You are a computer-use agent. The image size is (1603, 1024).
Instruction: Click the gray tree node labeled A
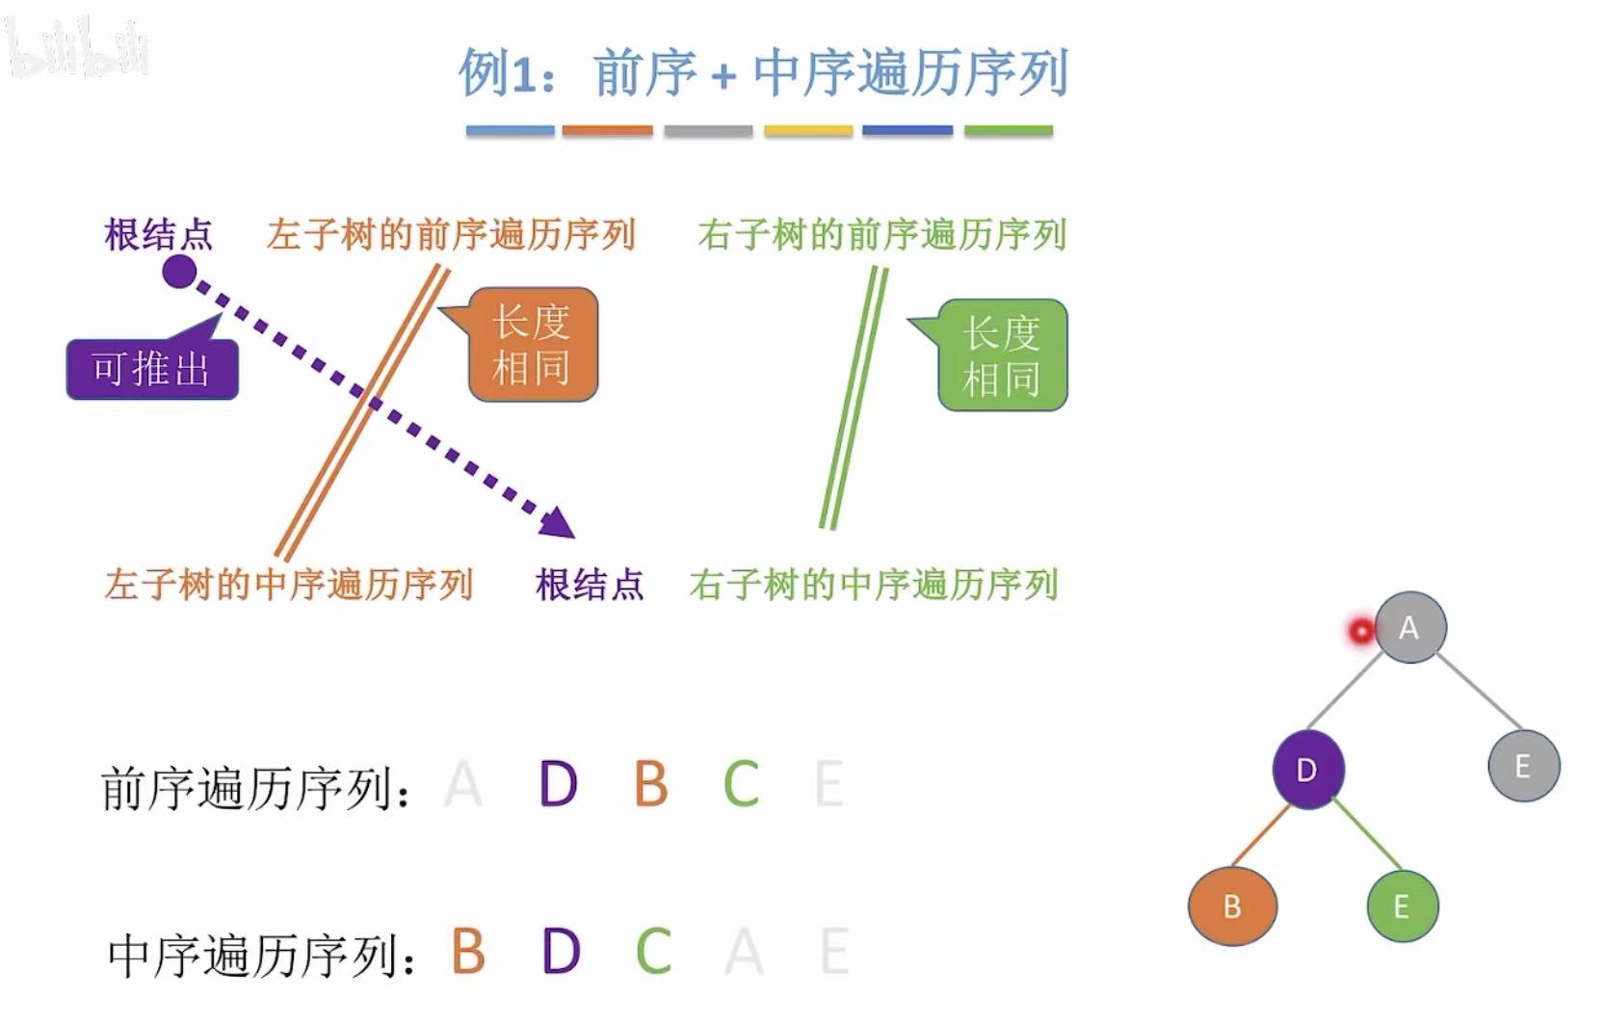point(1409,627)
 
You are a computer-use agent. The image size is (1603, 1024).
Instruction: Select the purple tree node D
point(1307,770)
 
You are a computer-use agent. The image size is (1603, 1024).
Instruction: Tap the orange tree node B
point(1232,906)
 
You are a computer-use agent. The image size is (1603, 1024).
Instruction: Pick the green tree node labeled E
point(1402,906)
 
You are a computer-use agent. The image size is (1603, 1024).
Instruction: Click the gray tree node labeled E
point(1523,766)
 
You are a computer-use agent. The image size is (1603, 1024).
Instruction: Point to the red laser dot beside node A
point(1361,631)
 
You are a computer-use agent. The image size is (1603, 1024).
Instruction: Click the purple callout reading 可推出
point(152,369)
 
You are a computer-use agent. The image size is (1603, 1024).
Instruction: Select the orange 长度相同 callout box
point(533,345)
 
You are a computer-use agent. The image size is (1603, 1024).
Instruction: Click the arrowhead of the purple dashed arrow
point(559,523)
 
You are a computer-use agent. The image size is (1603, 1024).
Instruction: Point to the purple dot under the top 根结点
point(179,272)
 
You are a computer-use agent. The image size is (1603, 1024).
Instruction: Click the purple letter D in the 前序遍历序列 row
point(558,783)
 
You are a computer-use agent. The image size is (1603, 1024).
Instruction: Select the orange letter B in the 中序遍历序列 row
point(468,951)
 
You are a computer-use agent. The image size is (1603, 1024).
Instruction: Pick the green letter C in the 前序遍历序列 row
point(741,783)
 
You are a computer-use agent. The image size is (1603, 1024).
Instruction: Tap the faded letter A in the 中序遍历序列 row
point(744,952)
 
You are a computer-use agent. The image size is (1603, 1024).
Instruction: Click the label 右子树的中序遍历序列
point(873,585)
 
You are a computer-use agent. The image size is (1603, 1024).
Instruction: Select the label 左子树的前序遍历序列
point(451,235)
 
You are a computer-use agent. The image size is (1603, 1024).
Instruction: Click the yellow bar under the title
point(808,130)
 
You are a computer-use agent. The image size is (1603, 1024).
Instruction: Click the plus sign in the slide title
point(723,76)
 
